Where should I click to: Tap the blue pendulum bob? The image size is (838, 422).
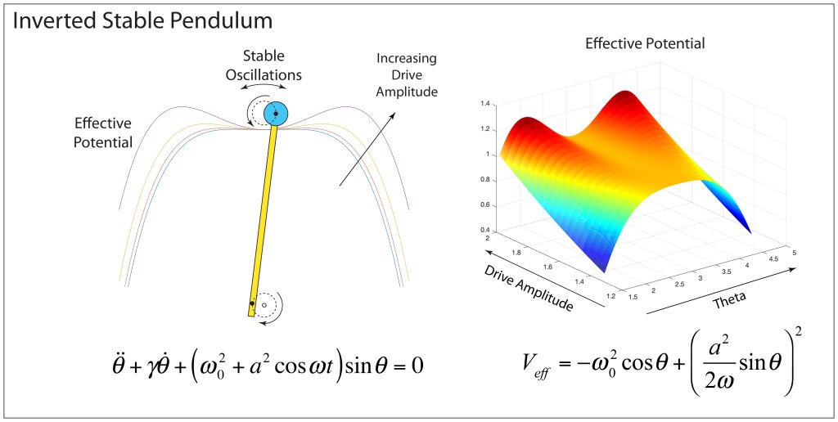pos(277,114)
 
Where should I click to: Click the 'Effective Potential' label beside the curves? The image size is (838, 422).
pos(103,132)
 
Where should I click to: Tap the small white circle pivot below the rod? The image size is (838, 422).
pos(264,304)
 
